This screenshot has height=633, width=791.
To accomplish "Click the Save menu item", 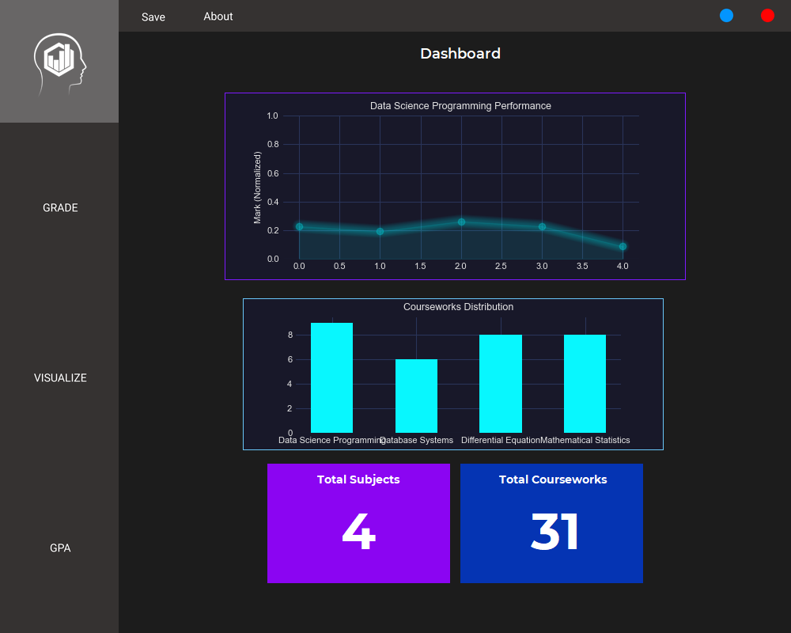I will pyautogui.click(x=153, y=17).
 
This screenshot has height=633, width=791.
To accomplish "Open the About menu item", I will pyautogui.click(x=218, y=17).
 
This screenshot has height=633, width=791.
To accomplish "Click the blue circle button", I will pyautogui.click(x=726, y=15).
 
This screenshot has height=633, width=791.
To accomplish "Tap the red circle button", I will pyautogui.click(x=767, y=15).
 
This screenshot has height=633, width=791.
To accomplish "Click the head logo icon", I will pyautogui.click(x=59, y=62).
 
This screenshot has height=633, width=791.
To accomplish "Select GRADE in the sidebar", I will pyautogui.click(x=60, y=208).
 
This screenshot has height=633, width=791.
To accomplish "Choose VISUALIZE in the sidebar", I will pyautogui.click(x=60, y=378).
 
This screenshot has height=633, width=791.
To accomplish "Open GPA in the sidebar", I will pyautogui.click(x=60, y=548).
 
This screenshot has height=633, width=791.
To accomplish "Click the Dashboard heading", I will pyautogui.click(x=460, y=54).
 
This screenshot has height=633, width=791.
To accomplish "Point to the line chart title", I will pyautogui.click(x=460, y=106).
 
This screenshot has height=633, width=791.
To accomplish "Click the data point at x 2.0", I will pyautogui.click(x=461, y=222).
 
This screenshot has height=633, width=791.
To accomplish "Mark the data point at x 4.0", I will pyautogui.click(x=623, y=247).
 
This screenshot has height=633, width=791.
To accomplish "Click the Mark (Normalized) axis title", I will pyautogui.click(x=257, y=188).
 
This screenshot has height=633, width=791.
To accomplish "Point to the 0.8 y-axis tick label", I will pyautogui.click(x=273, y=145).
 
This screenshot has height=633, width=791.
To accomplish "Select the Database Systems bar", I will pyautogui.click(x=416, y=396).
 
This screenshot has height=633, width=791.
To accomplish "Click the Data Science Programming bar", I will pyautogui.click(x=331, y=377).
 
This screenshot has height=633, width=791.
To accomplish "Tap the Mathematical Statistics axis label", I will pyautogui.click(x=585, y=440).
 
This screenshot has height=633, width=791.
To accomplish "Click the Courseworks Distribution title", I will pyautogui.click(x=458, y=307).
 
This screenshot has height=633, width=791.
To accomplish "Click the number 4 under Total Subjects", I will pyautogui.click(x=358, y=532).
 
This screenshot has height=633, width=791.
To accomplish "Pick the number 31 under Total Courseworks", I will pyautogui.click(x=554, y=532).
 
